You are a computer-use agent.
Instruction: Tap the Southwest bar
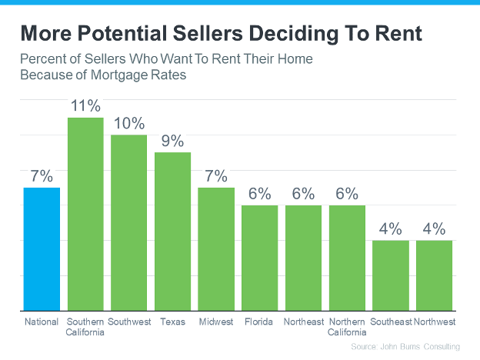click(x=128, y=222)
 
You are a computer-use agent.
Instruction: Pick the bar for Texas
click(x=172, y=231)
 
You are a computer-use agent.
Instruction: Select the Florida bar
click(x=260, y=257)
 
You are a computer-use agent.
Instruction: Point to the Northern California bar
click(x=347, y=257)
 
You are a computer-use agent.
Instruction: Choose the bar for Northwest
click(x=435, y=275)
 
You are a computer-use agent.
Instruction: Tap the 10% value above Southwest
click(x=128, y=123)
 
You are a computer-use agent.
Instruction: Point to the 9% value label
click(x=172, y=141)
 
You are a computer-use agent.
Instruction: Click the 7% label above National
click(x=42, y=176)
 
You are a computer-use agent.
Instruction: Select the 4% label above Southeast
click(x=391, y=228)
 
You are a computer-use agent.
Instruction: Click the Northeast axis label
click(x=303, y=322)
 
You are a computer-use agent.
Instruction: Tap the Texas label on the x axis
click(x=172, y=322)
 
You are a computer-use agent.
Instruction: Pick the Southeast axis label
click(x=391, y=322)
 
